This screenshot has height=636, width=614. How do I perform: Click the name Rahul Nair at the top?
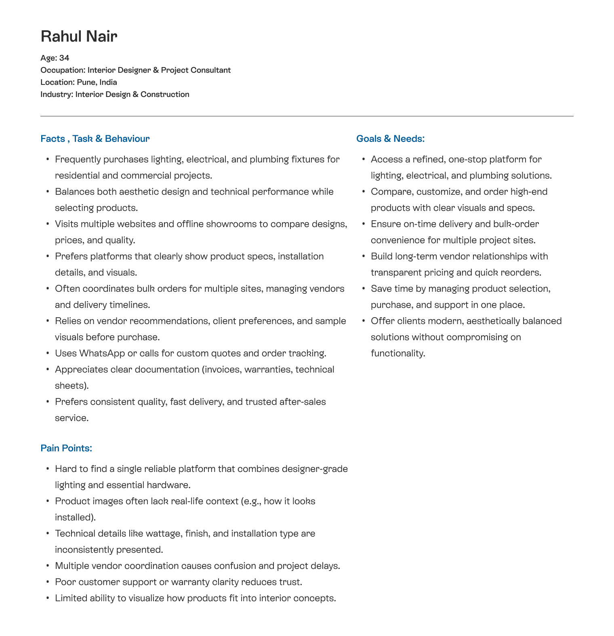(x=79, y=36)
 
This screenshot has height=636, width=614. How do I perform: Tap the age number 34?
(x=64, y=58)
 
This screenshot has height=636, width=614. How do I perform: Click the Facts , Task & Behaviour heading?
(x=95, y=139)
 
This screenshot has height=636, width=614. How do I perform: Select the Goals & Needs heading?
(x=390, y=139)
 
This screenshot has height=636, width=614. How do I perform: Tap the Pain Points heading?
(x=66, y=448)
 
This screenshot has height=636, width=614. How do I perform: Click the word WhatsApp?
(x=102, y=353)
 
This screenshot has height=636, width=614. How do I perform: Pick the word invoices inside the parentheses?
(x=221, y=369)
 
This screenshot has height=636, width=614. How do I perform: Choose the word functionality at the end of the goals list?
(x=397, y=353)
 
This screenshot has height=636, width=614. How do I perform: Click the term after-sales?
(x=303, y=402)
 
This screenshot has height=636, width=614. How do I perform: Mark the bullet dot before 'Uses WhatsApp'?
(x=48, y=353)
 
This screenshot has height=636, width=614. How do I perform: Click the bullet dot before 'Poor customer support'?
(x=48, y=582)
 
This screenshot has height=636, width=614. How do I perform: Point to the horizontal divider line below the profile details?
(x=307, y=116)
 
